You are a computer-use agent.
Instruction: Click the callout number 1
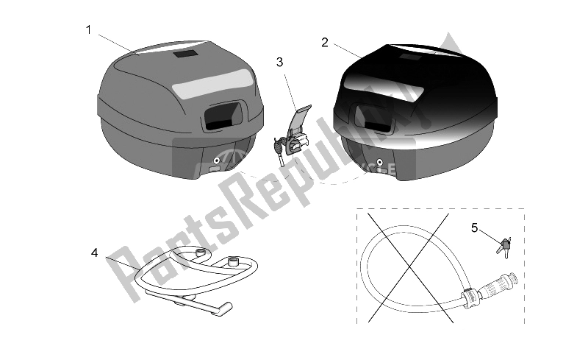88,29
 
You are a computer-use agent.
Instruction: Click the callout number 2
325,43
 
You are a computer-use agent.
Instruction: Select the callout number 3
280,63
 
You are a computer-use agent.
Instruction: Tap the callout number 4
95,253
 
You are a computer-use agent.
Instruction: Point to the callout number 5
474,227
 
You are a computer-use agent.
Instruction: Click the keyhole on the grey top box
216,160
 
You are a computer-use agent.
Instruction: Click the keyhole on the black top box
380,163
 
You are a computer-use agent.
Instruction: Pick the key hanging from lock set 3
280,152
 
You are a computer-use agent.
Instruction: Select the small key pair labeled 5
504,247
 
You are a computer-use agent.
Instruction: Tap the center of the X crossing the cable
410,267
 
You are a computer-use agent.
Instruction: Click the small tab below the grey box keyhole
214,169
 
